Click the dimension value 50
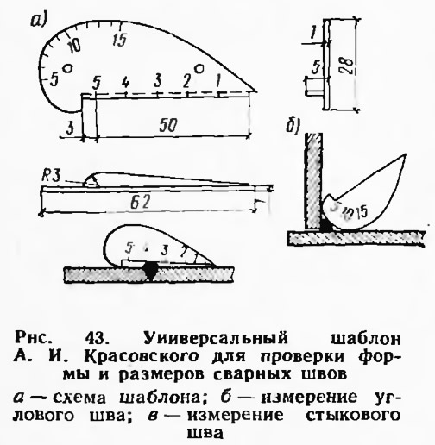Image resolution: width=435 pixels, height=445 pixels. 167,125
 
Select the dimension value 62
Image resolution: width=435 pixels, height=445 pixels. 141,204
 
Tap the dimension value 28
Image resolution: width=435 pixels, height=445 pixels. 347,66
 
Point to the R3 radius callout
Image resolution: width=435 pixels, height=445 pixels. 51,176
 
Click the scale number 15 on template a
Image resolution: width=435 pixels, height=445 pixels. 120,40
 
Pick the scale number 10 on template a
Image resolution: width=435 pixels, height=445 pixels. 74,46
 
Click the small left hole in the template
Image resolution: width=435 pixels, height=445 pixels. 67,68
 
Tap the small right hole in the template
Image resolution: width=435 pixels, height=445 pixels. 199,69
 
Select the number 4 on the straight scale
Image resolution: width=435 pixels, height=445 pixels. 125,82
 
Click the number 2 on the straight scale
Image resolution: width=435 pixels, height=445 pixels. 187,81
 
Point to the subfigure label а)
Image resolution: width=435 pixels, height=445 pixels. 39,21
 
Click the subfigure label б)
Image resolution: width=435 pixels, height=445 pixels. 293,127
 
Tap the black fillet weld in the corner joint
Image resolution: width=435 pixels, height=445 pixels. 326,225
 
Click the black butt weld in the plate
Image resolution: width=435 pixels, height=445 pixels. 150,270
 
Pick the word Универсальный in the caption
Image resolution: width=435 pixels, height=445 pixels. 216,338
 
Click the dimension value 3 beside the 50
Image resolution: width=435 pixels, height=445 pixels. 70,128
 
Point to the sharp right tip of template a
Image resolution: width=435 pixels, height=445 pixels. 256,91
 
